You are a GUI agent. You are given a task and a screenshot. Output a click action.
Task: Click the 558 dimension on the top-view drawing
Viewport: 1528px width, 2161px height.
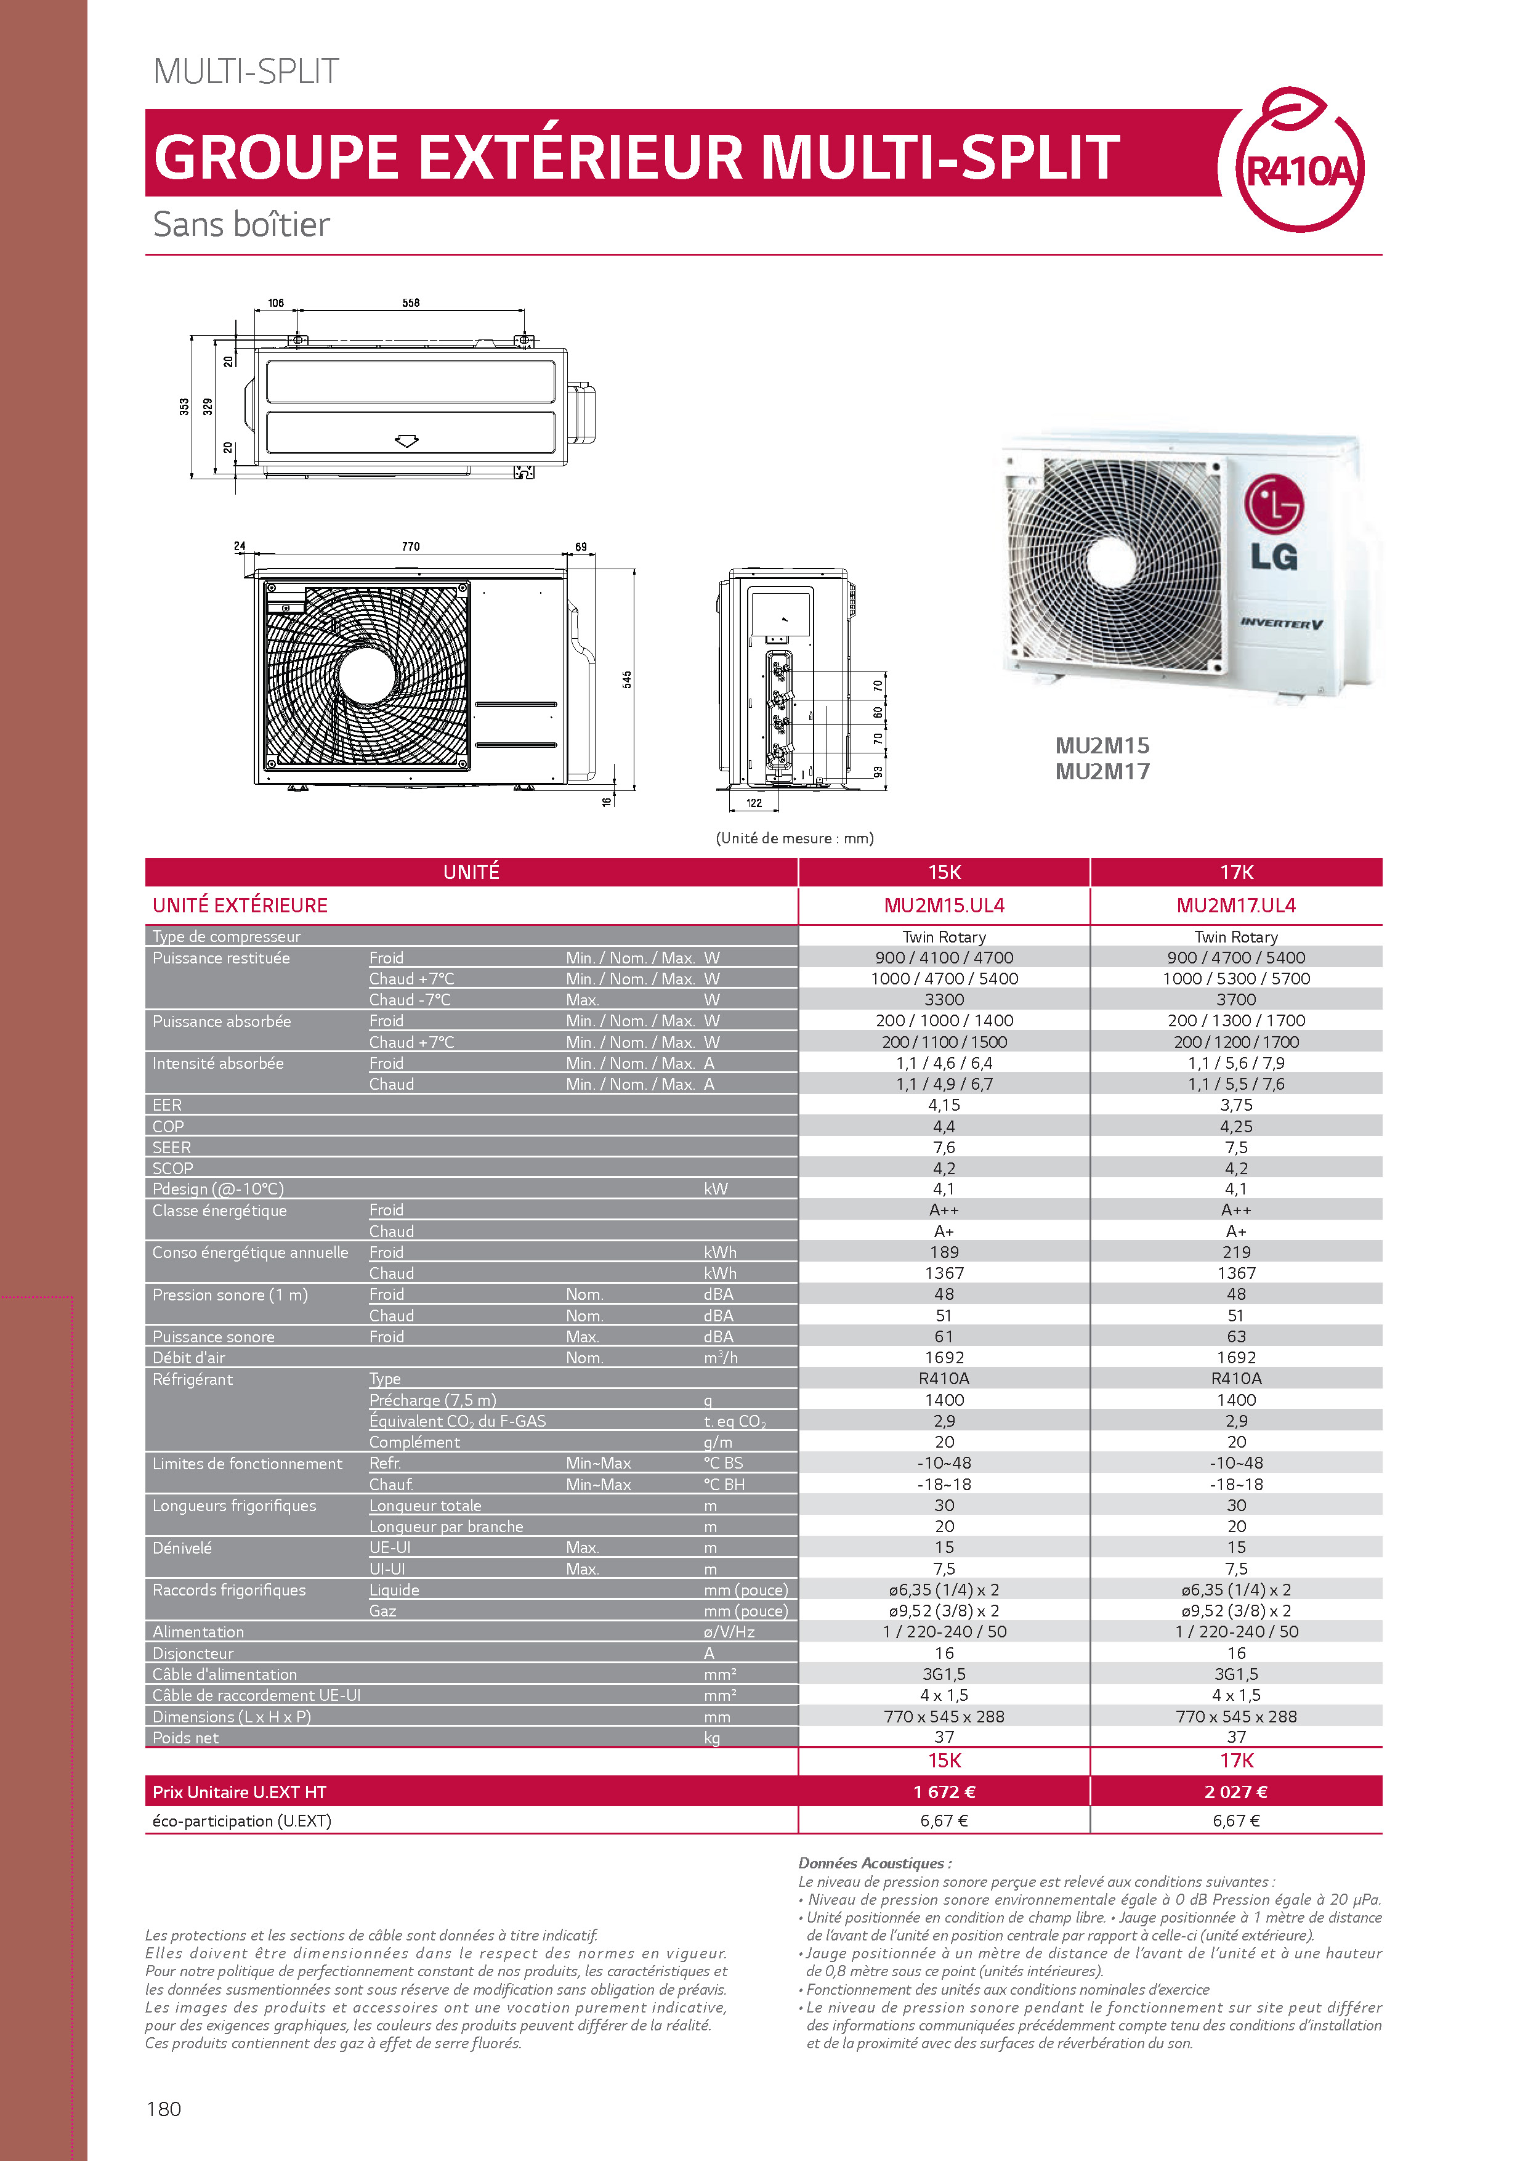411,303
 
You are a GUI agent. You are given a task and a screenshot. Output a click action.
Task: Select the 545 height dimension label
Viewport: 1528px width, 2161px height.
626,679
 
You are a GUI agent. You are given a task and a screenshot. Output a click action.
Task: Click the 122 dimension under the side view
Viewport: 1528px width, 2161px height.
754,803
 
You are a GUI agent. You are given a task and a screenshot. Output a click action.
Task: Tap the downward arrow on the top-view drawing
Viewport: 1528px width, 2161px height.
406,440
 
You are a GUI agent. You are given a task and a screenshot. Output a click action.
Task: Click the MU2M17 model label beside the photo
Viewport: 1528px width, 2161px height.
1102,772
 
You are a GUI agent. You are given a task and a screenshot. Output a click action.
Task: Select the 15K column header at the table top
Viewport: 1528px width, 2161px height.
945,872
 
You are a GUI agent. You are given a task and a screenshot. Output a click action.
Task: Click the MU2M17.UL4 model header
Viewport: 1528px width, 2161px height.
1236,906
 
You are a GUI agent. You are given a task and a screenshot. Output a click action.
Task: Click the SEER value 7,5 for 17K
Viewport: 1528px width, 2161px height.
1236,1147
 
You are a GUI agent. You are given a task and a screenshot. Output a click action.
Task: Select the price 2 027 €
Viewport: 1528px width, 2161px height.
1236,1792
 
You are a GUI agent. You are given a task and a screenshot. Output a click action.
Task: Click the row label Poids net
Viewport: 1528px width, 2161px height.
185,1737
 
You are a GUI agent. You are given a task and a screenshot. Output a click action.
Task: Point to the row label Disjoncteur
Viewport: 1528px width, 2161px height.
193,1653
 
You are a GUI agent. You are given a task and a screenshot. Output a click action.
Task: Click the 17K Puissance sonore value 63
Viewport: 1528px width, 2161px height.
1236,1337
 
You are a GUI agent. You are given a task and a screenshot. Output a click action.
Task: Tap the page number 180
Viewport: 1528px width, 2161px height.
164,2109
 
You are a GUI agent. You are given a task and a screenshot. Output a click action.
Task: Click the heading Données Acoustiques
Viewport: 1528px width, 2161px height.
875,1863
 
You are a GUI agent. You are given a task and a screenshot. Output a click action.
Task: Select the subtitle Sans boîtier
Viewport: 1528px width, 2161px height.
242,225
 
